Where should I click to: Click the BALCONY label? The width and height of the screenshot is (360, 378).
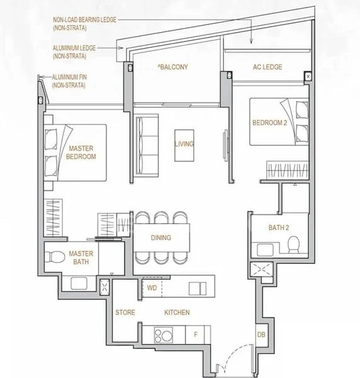pyautogui.click(x=173, y=67)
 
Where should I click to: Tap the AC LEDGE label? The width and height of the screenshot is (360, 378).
pyautogui.click(x=267, y=67)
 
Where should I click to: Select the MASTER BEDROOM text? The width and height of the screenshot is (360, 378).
pyautogui.click(x=81, y=152)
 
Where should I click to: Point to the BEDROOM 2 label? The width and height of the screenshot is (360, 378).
pyautogui.click(x=270, y=123)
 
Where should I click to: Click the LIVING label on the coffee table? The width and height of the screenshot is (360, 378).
pyautogui.click(x=184, y=144)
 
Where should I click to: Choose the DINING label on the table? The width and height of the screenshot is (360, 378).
pyautogui.click(x=161, y=238)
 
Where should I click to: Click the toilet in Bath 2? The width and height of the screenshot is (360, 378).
pyautogui.click(x=293, y=244)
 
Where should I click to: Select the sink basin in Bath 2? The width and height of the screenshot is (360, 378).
pyautogui.click(x=265, y=250)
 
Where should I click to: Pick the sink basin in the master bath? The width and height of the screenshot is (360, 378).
pyautogui.click(x=79, y=283)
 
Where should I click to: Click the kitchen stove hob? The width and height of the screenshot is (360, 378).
pyautogui.click(x=164, y=335)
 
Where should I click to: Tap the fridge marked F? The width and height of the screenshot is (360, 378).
pyautogui.click(x=195, y=335)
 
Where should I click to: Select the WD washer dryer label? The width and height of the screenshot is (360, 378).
pyautogui.click(x=152, y=288)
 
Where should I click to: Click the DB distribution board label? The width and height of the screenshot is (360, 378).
pyautogui.click(x=261, y=335)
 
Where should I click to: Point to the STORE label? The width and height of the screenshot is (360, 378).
pyautogui.click(x=125, y=312)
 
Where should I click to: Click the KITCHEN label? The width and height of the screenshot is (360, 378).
pyautogui.click(x=177, y=312)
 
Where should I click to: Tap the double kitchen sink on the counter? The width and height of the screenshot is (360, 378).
pyautogui.click(x=198, y=289)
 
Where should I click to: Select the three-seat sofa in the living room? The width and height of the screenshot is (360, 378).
pyautogui.click(x=147, y=146)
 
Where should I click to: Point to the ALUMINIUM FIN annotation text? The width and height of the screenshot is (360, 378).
pyautogui.click(x=69, y=81)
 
